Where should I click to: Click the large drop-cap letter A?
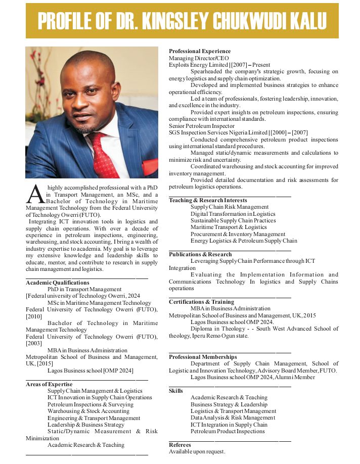point(33,194)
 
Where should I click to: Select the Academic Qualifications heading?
point(58,283)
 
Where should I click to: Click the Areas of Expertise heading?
point(49,384)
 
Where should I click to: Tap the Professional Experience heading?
point(200,51)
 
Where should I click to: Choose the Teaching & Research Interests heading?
point(208,200)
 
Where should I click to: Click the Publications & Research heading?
point(200,254)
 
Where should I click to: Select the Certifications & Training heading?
point(201,302)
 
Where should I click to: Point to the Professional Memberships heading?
point(203,357)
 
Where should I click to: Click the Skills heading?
point(176,391)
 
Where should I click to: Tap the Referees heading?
point(180,445)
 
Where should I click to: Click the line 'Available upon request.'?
point(197,451)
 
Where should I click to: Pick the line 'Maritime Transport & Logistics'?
point(229,227)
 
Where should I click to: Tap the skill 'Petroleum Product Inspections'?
point(228,431)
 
